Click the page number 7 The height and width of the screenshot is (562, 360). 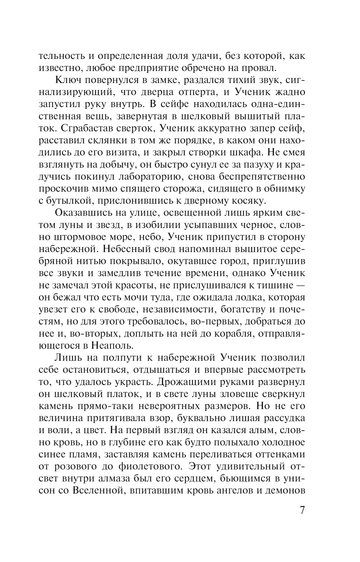[x=302, y=511]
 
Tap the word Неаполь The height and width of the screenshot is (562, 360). [x=114, y=345]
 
